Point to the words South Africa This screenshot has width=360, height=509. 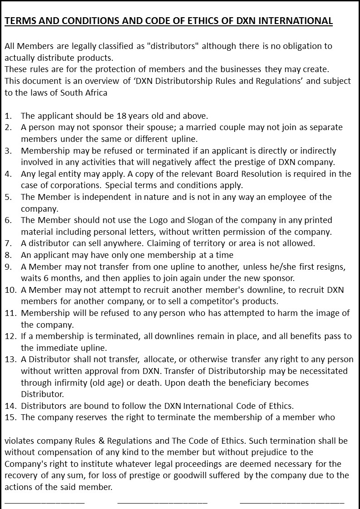(x=85, y=93)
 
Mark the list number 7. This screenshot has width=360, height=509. (x=8, y=243)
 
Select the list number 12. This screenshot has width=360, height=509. (x=10, y=336)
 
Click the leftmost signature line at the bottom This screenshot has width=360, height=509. (x=44, y=502)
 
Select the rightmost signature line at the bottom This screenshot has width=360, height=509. (x=292, y=502)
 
